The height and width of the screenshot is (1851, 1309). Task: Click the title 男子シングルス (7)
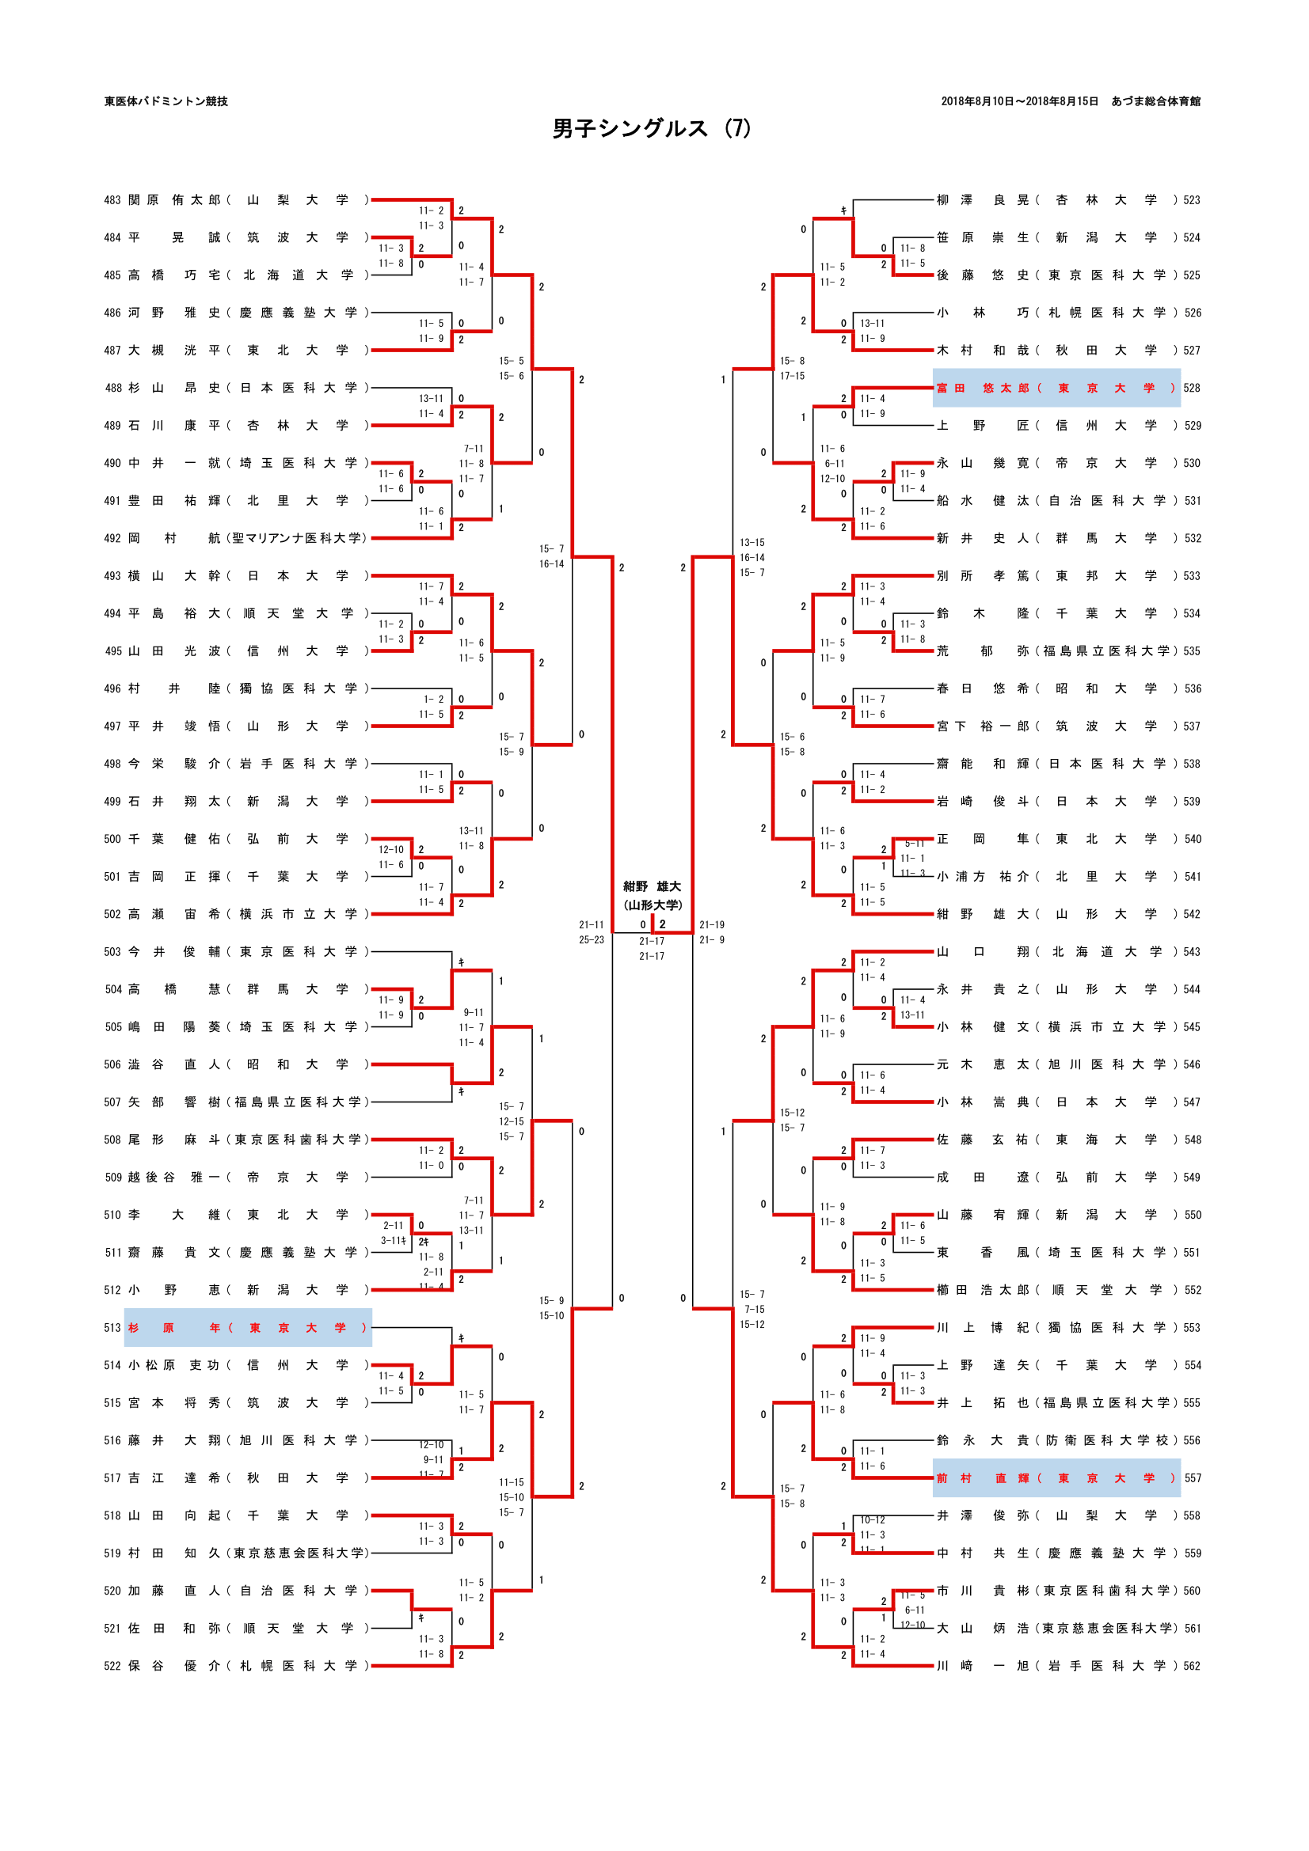click(652, 129)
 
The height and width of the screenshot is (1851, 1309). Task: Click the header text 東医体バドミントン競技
click(166, 101)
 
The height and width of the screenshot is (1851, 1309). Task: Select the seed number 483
click(112, 200)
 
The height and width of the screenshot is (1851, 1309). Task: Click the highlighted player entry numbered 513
click(248, 1328)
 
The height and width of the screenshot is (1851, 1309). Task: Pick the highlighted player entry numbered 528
click(1056, 388)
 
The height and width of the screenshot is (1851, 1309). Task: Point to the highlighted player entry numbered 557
click(1056, 1477)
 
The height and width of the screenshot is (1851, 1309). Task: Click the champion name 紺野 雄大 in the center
click(652, 887)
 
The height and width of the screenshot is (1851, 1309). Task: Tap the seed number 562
click(1192, 1666)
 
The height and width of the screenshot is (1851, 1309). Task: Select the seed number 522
click(112, 1666)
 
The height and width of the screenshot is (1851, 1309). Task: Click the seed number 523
click(1192, 200)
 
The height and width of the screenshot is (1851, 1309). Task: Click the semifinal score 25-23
click(592, 940)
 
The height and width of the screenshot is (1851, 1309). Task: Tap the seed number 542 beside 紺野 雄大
click(1192, 914)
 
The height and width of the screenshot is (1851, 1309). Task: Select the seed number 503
click(112, 952)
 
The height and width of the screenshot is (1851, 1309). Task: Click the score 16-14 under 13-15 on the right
click(752, 558)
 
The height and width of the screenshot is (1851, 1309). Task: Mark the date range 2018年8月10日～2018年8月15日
click(1019, 101)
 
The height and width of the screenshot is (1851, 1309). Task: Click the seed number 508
click(112, 1140)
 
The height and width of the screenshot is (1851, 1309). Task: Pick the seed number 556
click(1192, 1440)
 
